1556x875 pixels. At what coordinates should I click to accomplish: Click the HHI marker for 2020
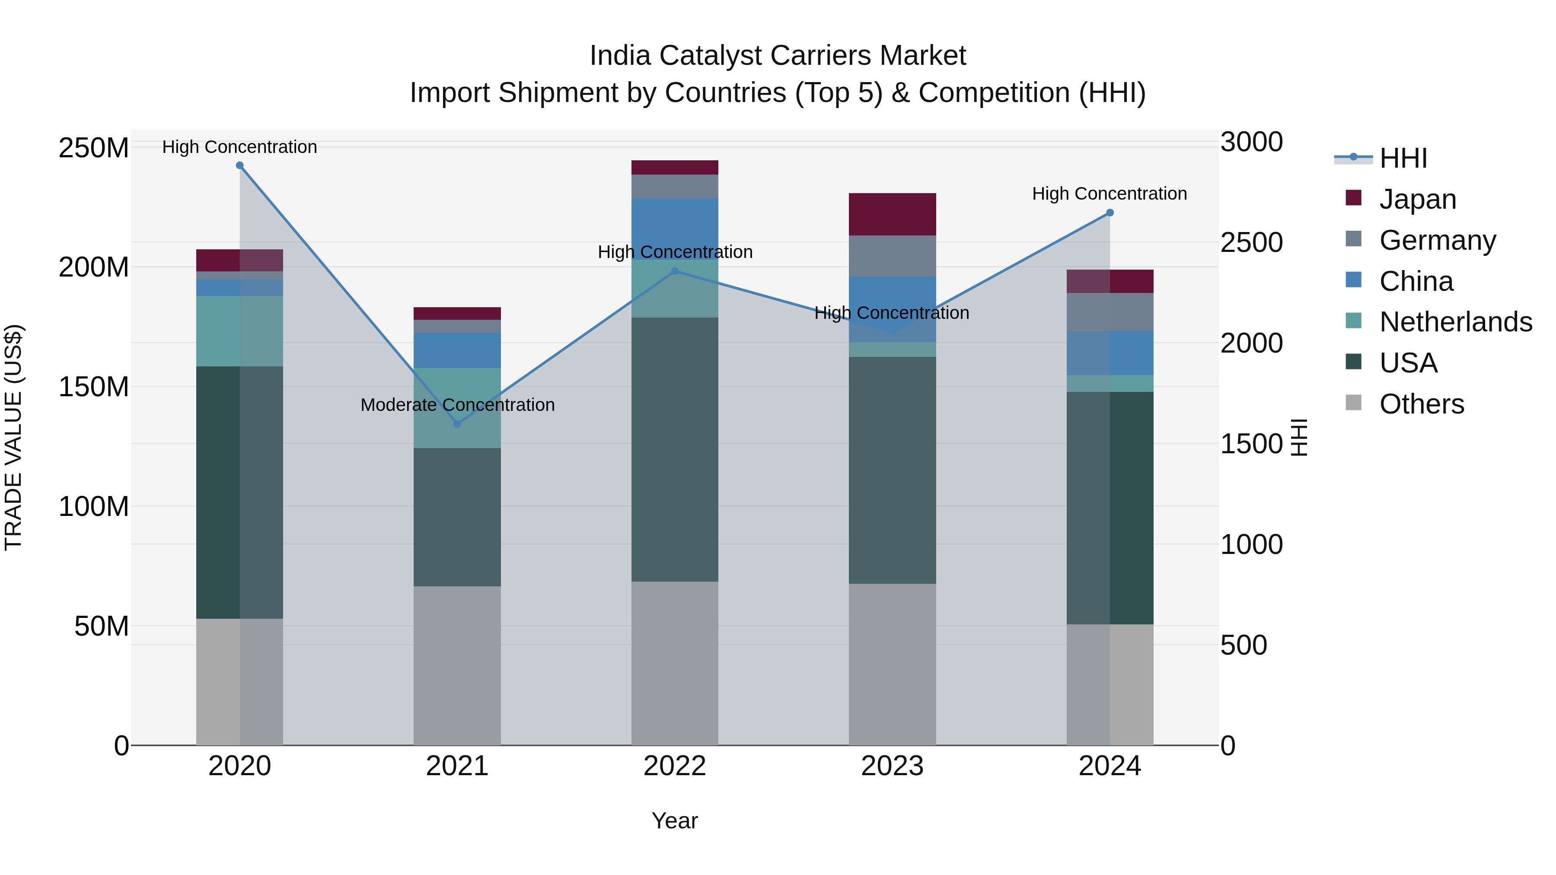(x=240, y=165)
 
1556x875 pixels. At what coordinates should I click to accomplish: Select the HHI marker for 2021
(x=457, y=424)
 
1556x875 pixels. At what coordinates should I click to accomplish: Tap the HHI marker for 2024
(x=1110, y=213)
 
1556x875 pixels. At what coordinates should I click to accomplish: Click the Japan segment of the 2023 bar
(x=892, y=214)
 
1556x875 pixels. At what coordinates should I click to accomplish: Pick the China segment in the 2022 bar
(x=675, y=228)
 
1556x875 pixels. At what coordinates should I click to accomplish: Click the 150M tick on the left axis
(x=94, y=386)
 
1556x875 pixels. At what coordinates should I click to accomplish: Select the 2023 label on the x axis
(x=892, y=766)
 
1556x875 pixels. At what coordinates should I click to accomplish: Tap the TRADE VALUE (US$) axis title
(x=14, y=437)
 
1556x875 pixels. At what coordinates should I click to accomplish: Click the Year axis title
(x=675, y=821)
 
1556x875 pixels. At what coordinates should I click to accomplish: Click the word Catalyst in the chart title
(x=710, y=56)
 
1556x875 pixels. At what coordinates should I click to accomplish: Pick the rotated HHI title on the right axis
(x=1299, y=437)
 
